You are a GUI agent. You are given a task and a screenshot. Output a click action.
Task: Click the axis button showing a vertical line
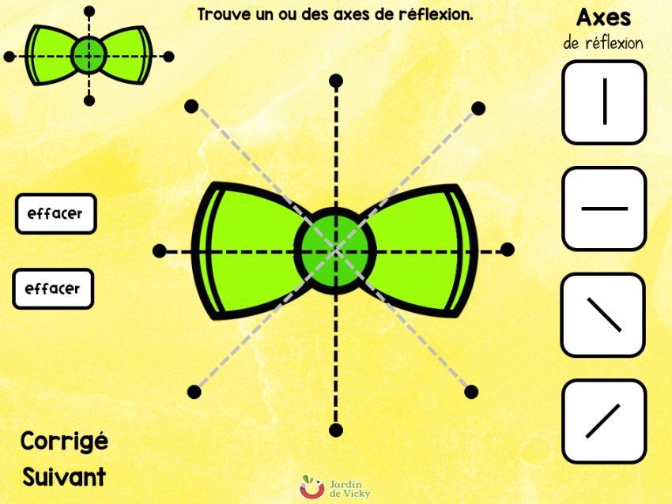(x=604, y=103)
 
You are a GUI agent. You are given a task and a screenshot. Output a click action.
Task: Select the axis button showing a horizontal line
(x=604, y=209)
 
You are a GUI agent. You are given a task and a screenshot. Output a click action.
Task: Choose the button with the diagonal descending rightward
(x=603, y=314)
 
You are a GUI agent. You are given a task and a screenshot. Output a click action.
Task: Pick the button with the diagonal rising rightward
(x=604, y=421)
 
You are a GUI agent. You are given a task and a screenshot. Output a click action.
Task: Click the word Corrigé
(x=64, y=442)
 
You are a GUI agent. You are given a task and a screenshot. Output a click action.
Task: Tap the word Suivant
(x=64, y=476)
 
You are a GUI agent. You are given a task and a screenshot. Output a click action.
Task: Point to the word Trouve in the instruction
(x=224, y=14)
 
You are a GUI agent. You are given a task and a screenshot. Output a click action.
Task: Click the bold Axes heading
(x=603, y=17)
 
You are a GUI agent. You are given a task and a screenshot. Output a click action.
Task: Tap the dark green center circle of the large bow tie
(x=335, y=251)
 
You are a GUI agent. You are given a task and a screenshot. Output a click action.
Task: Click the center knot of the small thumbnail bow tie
(x=89, y=55)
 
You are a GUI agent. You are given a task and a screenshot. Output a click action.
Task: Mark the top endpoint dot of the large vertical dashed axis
(x=336, y=81)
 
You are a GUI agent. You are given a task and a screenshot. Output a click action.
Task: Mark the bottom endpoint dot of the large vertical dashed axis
(x=336, y=430)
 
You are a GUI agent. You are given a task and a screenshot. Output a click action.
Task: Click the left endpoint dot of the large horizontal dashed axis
(x=160, y=251)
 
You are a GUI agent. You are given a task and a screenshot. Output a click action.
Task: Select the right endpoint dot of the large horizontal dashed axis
(x=508, y=250)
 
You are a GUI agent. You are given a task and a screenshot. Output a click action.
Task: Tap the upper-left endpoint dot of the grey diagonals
(x=191, y=106)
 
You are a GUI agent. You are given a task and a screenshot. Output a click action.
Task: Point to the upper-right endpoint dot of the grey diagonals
(x=478, y=108)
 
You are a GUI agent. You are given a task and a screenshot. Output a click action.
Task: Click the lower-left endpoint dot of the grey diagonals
(x=194, y=391)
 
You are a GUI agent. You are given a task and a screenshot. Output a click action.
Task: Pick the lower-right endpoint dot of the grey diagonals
(x=471, y=391)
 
